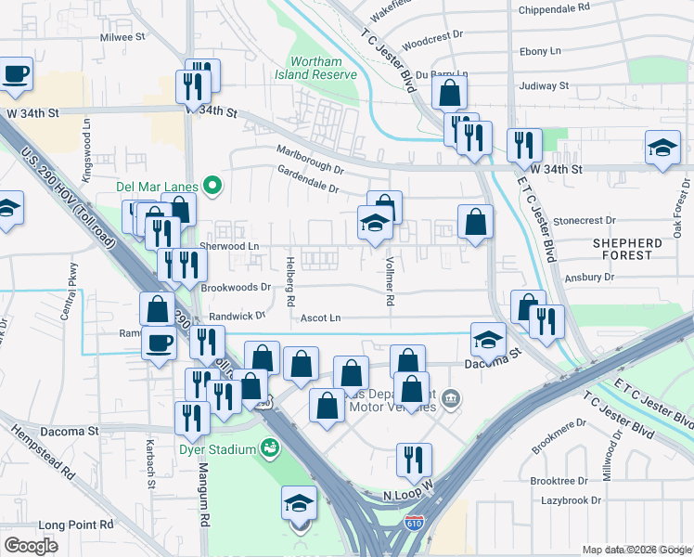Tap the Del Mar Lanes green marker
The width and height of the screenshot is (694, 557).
[212, 186]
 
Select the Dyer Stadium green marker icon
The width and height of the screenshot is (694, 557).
[270, 450]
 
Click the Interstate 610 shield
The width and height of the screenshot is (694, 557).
[414, 525]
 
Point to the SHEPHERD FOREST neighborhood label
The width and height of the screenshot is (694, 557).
[646, 243]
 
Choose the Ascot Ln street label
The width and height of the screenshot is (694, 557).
[321, 318]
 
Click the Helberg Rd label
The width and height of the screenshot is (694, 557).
[290, 281]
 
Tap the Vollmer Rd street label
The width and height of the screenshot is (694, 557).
[391, 282]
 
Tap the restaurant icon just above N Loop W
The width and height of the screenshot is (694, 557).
[414, 459]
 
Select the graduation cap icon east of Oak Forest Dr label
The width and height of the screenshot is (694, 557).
[662, 147]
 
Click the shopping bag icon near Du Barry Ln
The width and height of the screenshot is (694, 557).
[449, 92]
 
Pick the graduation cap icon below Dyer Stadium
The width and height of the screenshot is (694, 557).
[299, 503]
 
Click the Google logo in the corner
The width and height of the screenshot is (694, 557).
[31, 545]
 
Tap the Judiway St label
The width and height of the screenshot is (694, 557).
[545, 85]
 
